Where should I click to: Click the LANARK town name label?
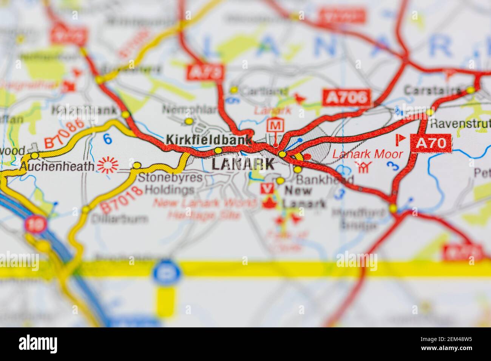coord(242,164)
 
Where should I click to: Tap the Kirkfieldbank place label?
coord(208,140)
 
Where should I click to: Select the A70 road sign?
coord(431,143)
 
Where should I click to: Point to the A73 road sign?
coord(205,72)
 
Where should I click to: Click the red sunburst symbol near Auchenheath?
coord(108,165)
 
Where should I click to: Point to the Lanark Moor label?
coord(367,154)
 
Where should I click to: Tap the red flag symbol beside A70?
coord(400,139)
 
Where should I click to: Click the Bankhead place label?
coord(324,179)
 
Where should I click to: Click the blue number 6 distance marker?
coord(108,139)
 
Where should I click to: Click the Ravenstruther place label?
coord(460,123)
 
